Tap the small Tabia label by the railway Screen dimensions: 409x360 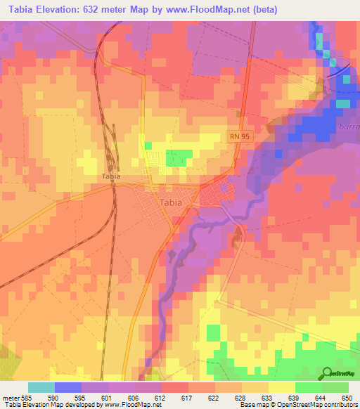pos(111,176)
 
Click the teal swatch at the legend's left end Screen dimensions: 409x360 pos(41,387)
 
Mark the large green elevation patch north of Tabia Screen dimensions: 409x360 pos(179,158)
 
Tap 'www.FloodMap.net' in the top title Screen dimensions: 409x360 pos(210,10)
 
